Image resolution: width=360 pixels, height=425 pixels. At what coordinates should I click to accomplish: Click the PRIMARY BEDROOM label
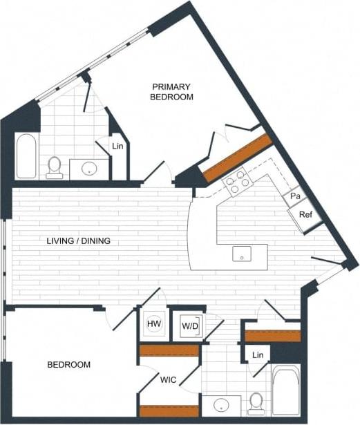pyautogui.click(x=171, y=92)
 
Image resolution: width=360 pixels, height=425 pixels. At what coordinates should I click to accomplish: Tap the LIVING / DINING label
pyautogui.click(x=79, y=241)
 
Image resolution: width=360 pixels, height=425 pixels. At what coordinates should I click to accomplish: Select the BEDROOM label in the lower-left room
pyautogui.click(x=68, y=364)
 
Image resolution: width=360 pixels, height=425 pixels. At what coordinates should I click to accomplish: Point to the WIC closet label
pyautogui.click(x=169, y=380)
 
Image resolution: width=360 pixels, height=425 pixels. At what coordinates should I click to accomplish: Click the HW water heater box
pyautogui.click(x=153, y=323)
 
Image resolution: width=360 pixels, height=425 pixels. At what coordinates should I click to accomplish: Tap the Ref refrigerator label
pyautogui.click(x=305, y=214)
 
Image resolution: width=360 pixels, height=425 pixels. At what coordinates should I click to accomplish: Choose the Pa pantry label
pyautogui.click(x=295, y=196)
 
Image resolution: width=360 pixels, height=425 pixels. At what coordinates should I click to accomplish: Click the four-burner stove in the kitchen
pyautogui.click(x=237, y=181)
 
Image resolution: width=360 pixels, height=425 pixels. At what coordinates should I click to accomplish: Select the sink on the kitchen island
pyautogui.click(x=242, y=253)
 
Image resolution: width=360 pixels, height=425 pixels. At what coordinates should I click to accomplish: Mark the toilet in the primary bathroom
pyautogui.click(x=55, y=167)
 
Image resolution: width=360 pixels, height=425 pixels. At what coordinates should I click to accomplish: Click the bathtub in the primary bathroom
pyautogui.click(x=26, y=155)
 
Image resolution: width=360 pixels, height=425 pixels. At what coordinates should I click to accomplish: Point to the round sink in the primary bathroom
pyautogui.click(x=90, y=168)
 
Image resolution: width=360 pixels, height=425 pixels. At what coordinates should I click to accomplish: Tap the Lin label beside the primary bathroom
pyautogui.click(x=117, y=146)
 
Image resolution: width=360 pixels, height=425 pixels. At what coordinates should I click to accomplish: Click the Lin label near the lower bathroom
pyautogui.click(x=258, y=355)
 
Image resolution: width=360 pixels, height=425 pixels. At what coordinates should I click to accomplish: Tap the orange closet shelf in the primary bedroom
pyautogui.click(x=236, y=158)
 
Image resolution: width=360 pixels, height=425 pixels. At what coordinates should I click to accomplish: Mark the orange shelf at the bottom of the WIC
pyautogui.click(x=169, y=411)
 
